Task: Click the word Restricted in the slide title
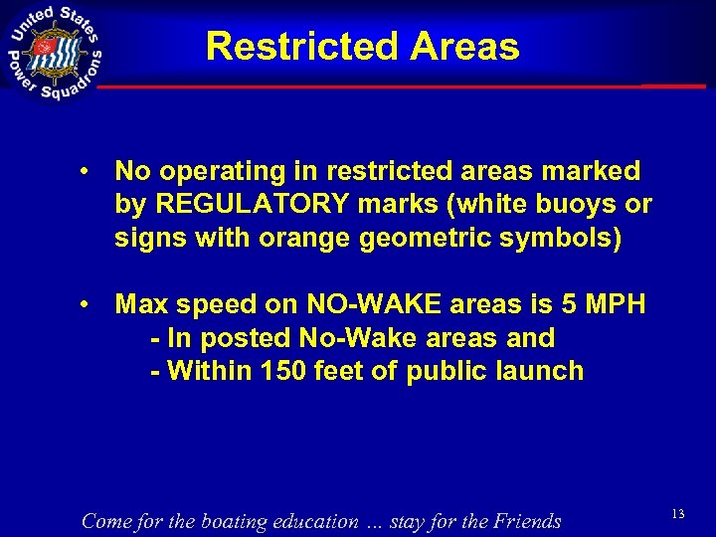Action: pyautogui.click(x=289, y=47)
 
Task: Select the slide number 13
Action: pyautogui.click(x=678, y=513)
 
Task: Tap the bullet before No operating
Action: pyautogui.click(x=89, y=172)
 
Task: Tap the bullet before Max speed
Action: pyautogui.click(x=89, y=304)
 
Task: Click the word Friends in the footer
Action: pyautogui.click(x=522, y=520)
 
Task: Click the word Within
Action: pyautogui.click(x=206, y=371)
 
